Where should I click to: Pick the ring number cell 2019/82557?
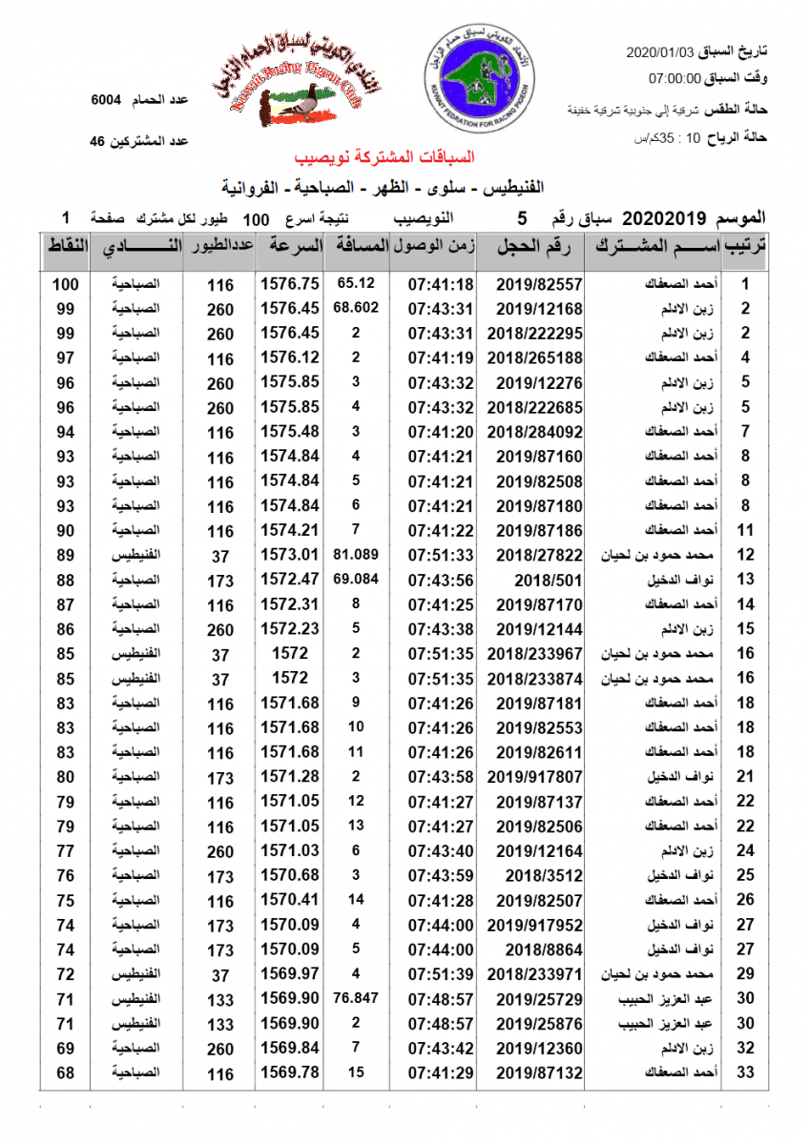(539, 283)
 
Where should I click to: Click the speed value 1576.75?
(289, 283)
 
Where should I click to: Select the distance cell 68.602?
(356, 308)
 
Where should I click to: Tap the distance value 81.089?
(356, 555)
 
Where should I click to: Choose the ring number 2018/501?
(539, 580)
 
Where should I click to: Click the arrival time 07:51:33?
(441, 555)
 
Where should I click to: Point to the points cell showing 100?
(65, 283)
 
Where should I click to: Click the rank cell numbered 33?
(746, 1073)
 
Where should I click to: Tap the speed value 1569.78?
(289, 1073)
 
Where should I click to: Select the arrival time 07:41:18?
(441, 283)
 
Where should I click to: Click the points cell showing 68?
(65, 1073)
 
